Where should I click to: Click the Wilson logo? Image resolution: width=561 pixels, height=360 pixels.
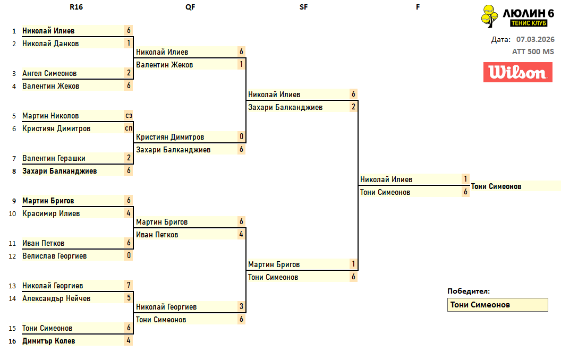click(514, 72)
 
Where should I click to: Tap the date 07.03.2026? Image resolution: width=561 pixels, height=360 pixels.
click(535, 39)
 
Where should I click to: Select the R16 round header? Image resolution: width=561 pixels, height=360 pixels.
click(76, 7)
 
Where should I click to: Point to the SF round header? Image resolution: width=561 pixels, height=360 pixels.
click(303, 7)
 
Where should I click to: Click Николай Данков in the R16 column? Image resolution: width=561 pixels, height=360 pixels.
click(50, 44)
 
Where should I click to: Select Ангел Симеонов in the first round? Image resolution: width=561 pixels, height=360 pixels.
click(49, 73)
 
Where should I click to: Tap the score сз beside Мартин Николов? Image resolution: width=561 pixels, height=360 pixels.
click(129, 116)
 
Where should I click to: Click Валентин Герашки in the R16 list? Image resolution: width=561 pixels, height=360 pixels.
click(54, 158)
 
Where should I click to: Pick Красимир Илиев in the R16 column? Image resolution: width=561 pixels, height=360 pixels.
click(51, 213)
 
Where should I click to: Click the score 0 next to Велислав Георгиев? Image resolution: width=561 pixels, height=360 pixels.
click(129, 256)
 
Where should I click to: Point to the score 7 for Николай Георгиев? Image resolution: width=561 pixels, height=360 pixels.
click(129, 286)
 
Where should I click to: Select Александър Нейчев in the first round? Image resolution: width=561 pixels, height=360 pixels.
click(56, 298)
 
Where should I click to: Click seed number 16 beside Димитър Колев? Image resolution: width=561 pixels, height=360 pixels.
click(12, 341)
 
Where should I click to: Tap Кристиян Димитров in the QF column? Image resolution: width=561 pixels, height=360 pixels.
click(170, 137)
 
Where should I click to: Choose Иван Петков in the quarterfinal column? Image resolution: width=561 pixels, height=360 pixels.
click(157, 235)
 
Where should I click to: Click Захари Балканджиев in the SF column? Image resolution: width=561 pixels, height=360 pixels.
click(285, 107)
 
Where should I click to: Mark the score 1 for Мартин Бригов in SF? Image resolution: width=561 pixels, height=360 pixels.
click(353, 264)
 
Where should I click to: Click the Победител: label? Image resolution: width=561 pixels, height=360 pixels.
click(469, 291)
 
